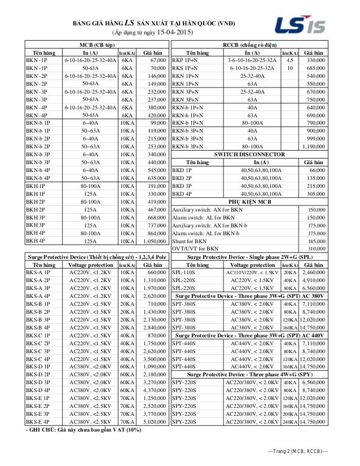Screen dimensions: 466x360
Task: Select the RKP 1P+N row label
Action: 185,60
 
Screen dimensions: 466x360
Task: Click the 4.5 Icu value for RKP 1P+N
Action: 289,60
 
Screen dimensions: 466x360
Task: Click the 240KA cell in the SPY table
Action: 289,422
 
